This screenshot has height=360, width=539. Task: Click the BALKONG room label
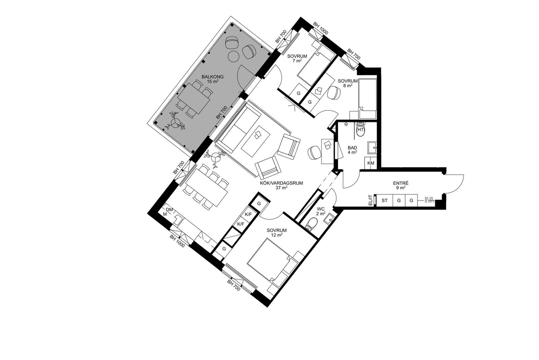click(212, 77)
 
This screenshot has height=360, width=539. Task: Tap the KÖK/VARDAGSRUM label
click(281, 183)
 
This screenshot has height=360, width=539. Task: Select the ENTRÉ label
click(401, 184)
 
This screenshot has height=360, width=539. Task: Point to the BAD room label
click(352, 148)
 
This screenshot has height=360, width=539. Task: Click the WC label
click(321, 209)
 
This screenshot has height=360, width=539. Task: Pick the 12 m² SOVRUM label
click(277, 231)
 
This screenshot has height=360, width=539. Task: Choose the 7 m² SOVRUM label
click(297, 56)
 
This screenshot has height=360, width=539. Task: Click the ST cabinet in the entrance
click(384, 200)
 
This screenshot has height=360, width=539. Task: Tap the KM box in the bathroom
click(371, 163)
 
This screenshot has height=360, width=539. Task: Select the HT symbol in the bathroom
click(360, 129)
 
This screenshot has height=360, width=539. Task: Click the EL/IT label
click(371, 200)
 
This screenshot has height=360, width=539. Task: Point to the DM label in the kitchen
click(169, 210)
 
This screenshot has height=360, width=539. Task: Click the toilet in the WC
click(312, 224)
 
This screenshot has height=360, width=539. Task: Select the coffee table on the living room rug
click(256, 141)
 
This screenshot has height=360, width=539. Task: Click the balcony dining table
click(193, 99)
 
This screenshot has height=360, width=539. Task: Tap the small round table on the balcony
click(65, 56)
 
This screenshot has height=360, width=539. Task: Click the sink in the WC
click(328, 219)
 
